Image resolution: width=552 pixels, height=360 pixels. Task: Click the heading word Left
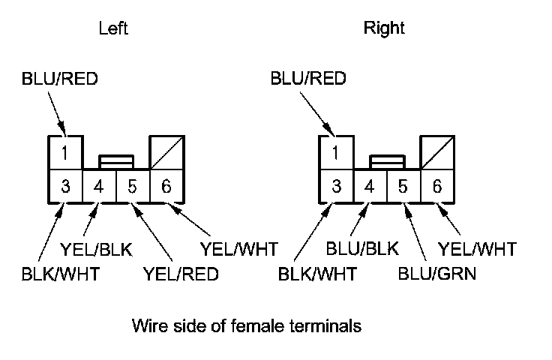click(x=113, y=28)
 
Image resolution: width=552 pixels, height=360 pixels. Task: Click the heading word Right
click(x=384, y=28)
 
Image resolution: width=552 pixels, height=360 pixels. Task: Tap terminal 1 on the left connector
click(x=66, y=154)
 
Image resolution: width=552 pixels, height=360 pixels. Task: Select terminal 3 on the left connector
click(x=66, y=186)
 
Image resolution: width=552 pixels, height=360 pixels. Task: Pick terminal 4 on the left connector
click(x=100, y=186)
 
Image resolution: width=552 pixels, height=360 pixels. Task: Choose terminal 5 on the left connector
click(x=133, y=186)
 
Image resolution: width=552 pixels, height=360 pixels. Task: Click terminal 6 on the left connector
click(x=166, y=186)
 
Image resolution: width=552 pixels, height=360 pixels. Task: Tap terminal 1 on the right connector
click(x=336, y=154)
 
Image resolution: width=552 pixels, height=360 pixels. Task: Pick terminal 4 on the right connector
click(x=370, y=186)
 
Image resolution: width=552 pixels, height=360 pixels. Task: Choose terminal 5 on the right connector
click(x=403, y=186)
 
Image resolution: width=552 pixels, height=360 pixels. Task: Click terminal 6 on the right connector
click(x=436, y=186)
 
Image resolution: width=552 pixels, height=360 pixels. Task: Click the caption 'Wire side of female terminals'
click(x=247, y=326)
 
